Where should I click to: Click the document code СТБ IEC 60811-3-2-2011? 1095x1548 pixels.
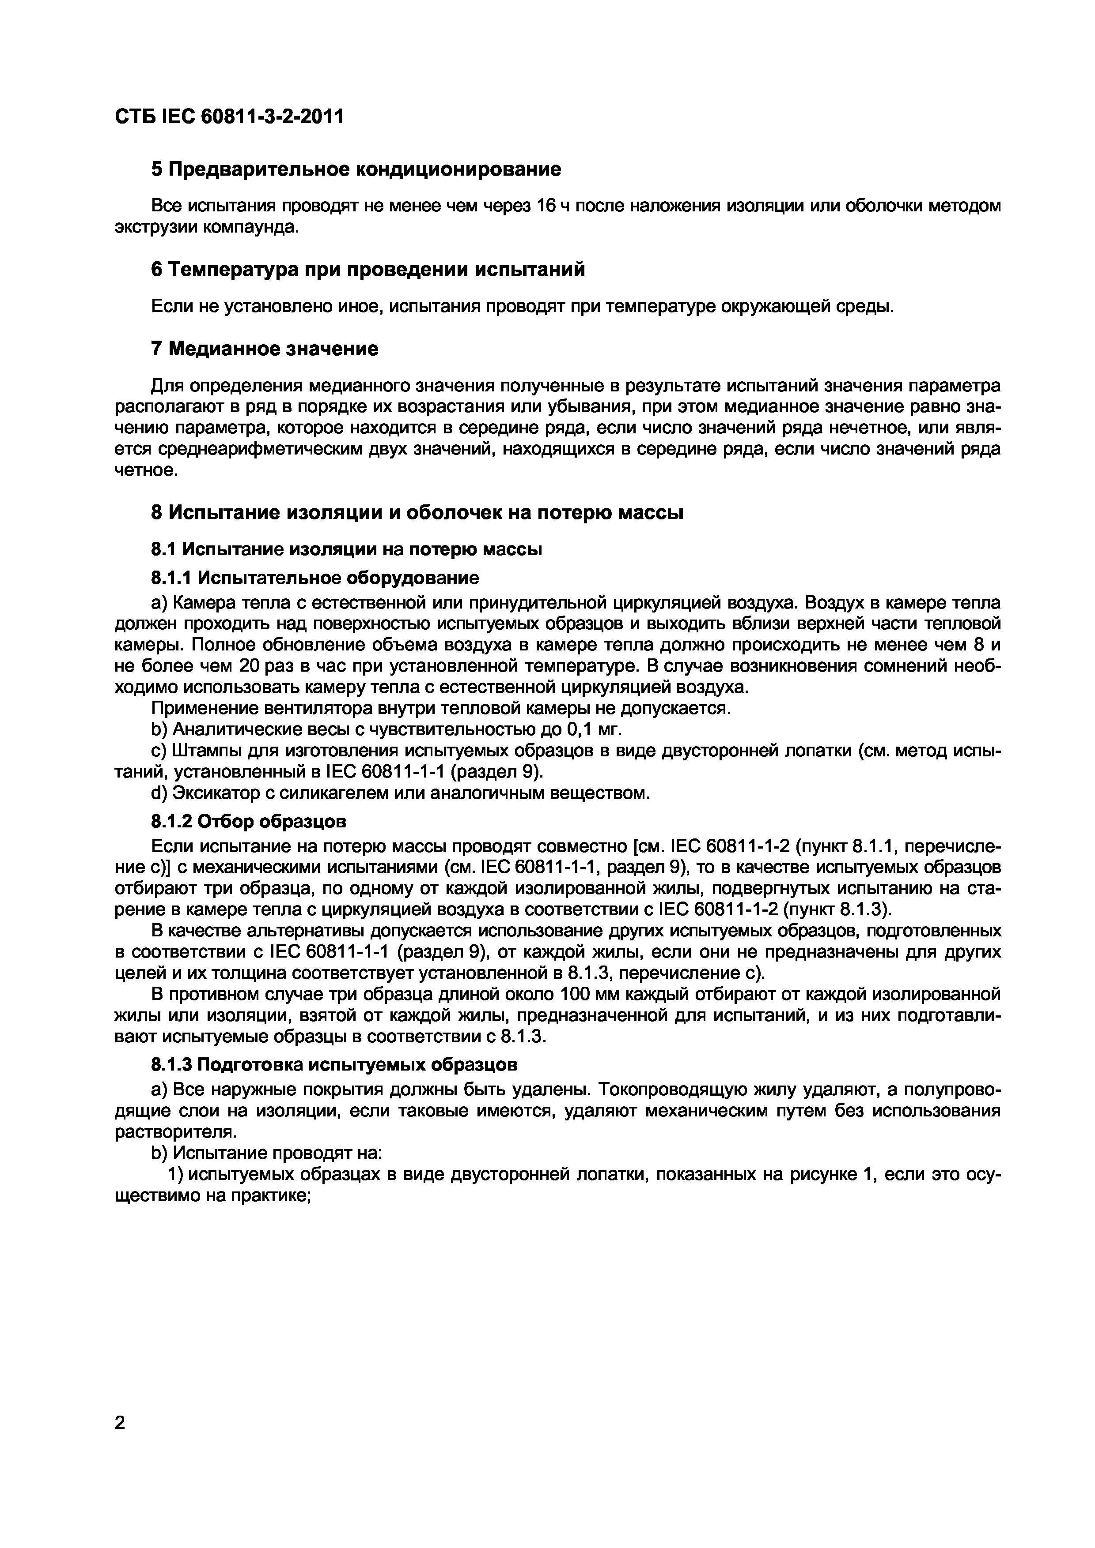coord(229,116)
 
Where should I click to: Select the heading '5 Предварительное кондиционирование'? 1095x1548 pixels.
coord(356,169)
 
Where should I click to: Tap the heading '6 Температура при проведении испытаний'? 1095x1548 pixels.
coord(368,270)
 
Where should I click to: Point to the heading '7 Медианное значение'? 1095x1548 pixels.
coord(265,349)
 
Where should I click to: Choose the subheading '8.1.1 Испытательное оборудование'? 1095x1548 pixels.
coord(315,578)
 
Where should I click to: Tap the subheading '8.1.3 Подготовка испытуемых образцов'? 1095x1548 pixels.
coord(334,1065)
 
